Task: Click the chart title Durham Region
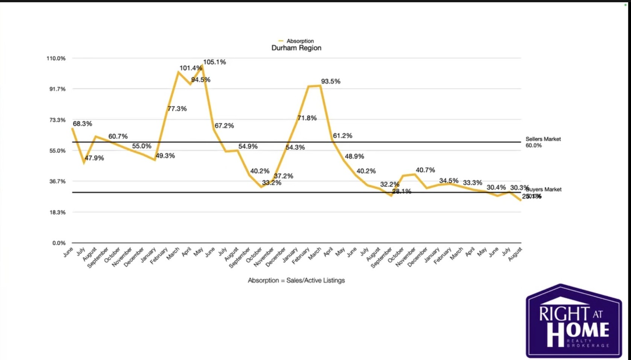coord(296,48)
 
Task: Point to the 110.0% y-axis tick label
coord(56,58)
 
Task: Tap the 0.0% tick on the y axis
coord(59,243)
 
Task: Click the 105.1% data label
coord(214,62)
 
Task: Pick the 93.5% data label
coord(330,81)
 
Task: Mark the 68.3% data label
coord(82,124)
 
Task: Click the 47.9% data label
coord(94,158)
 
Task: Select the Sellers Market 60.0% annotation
coord(543,142)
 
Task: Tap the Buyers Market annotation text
coord(544,189)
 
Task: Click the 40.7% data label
coord(425,170)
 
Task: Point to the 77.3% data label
coord(177,109)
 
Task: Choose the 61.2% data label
coord(342,136)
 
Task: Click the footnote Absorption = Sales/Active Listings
coord(296,280)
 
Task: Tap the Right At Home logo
coord(573,321)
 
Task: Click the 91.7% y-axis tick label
coord(56,89)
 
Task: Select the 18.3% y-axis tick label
coord(57,212)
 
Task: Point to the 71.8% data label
coord(307,118)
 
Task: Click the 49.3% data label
coord(165,156)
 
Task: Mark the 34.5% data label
coord(449,181)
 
